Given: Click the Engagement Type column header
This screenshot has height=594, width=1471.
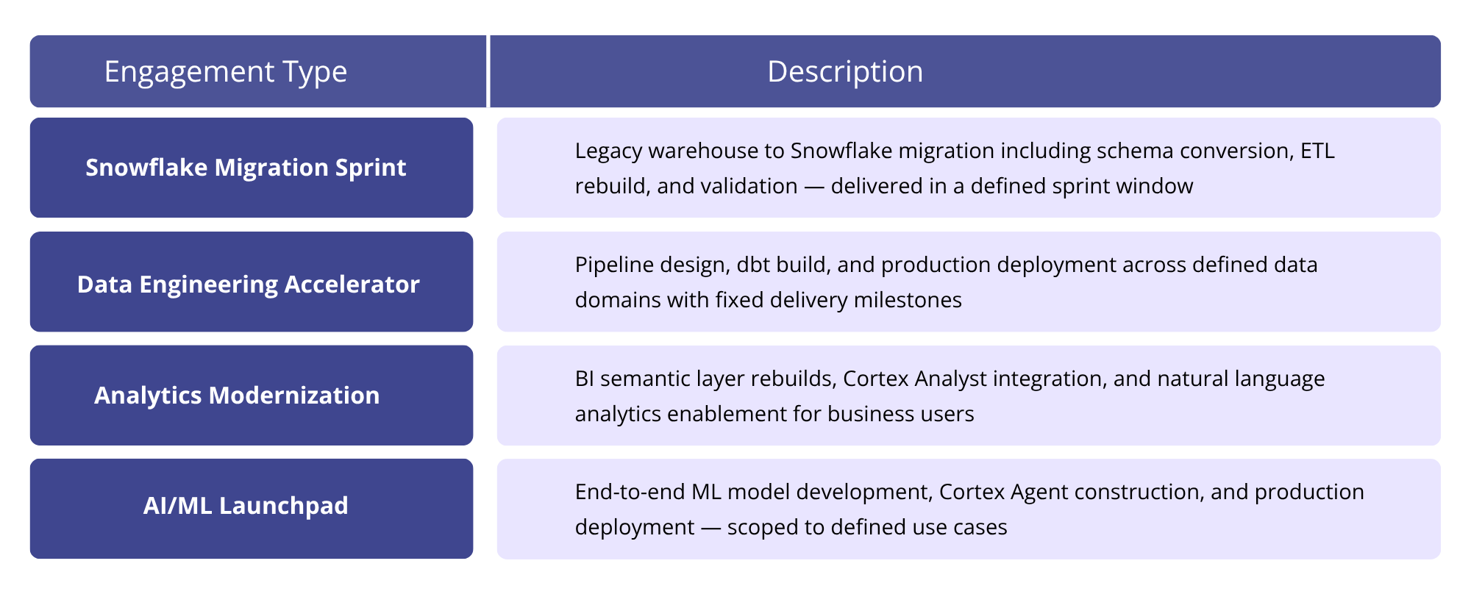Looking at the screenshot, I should (225, 72).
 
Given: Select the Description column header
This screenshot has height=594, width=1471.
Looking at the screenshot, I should (844, 72).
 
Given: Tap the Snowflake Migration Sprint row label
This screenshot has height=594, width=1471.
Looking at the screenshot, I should (246, 168).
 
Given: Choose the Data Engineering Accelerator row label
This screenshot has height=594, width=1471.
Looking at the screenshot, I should (248, 285).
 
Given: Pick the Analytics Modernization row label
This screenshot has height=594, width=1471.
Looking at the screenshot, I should (237, 396).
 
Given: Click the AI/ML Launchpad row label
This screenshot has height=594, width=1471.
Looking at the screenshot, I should (246, 506).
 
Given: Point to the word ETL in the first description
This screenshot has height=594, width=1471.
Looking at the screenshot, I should (1317, 151).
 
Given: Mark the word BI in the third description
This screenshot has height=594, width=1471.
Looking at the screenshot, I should (585, 379).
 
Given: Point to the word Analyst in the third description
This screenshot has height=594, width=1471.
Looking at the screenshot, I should (950, 379).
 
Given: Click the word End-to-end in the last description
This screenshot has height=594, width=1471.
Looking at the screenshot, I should (630, 492).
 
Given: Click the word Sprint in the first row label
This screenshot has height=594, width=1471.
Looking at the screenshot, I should (371, 168).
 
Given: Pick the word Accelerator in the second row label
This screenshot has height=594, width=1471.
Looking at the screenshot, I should (352, 285).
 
